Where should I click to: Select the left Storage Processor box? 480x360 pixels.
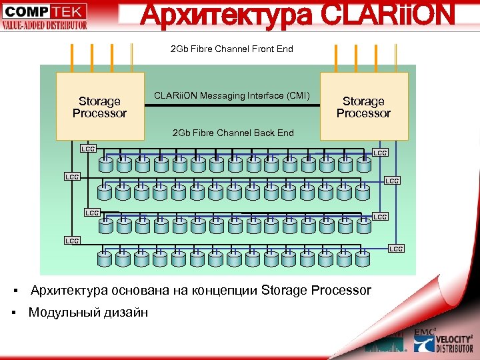[x=99, y=107]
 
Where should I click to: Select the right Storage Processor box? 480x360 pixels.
[x=363, y=107]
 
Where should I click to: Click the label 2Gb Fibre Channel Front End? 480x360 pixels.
[x=232, y=49]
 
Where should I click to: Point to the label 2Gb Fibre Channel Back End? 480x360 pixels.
[x=233, y=133]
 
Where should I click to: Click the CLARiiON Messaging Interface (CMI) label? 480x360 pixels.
[x=232, y=96]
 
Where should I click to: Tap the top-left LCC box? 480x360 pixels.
[x=88, y=148]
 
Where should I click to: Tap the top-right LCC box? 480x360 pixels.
[x=380, y=153]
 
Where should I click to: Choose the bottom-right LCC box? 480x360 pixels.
[x=396, y=249]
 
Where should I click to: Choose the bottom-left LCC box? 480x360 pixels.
[x=72, y=240]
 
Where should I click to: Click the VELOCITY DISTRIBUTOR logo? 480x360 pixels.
[x=443, y=343]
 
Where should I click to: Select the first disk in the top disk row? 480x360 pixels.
[x=105, y=163]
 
